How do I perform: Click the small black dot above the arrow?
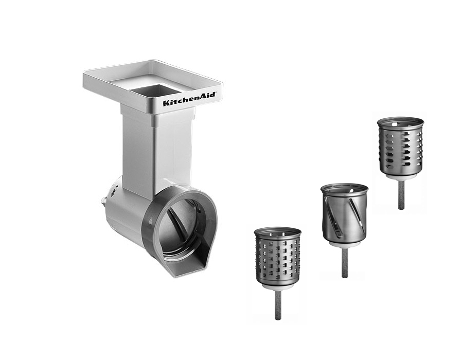click(x=117, y=187)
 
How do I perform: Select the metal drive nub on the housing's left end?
click(x=103, y=203)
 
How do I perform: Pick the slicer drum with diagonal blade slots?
click(x=345, y=215)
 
